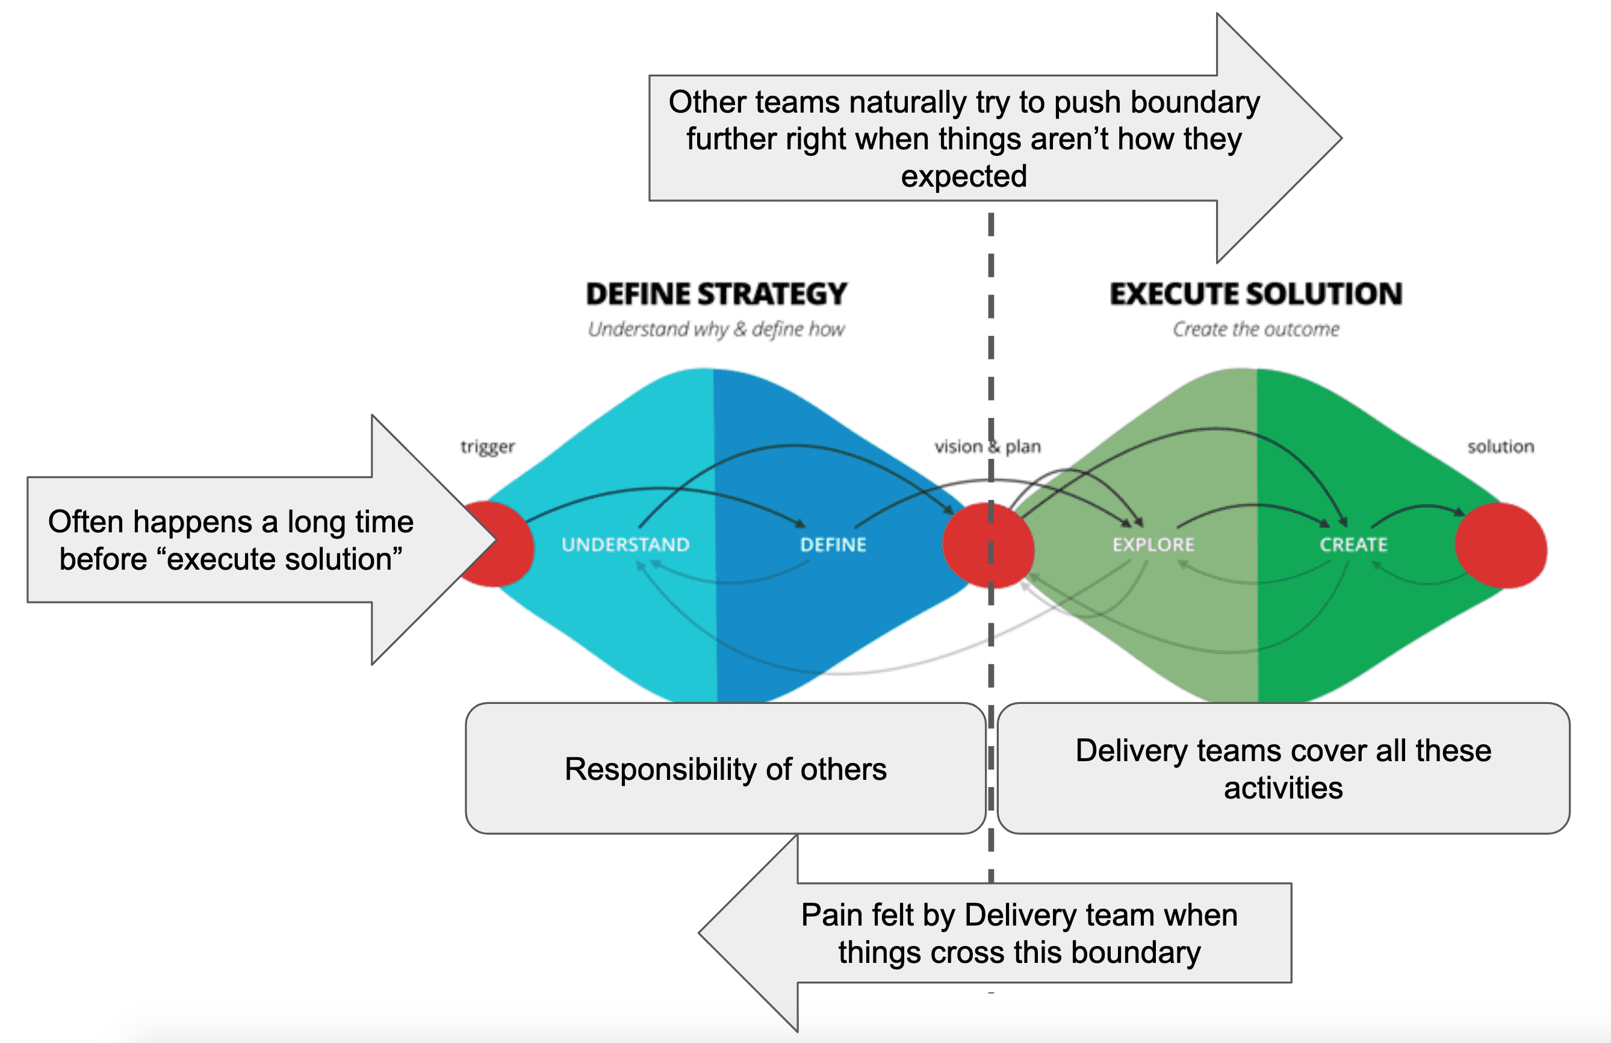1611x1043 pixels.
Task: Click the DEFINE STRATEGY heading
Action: [716, 294]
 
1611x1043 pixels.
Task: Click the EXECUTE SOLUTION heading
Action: [1256, 294]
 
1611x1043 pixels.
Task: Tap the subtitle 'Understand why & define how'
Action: [716, 330]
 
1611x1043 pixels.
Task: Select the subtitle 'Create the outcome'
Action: [1256, 330]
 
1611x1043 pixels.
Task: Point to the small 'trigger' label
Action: [488, 447]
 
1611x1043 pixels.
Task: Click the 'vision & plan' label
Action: [987, 447]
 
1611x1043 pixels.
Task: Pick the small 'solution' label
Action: [1500, 447]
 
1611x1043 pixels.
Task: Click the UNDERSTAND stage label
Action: [625, 544]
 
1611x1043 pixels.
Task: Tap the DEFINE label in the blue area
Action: [833, 544]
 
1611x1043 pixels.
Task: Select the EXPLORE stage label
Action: [1153, 544]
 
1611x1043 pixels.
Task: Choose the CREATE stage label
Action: [1353, 544]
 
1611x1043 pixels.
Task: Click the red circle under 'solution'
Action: [1501, 546]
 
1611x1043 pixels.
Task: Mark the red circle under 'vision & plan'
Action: [989, 546]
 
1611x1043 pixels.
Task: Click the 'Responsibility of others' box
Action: [725, 769]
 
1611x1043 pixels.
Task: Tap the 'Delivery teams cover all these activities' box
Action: [1283, 769]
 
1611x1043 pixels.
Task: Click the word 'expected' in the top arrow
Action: [964, 176]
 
